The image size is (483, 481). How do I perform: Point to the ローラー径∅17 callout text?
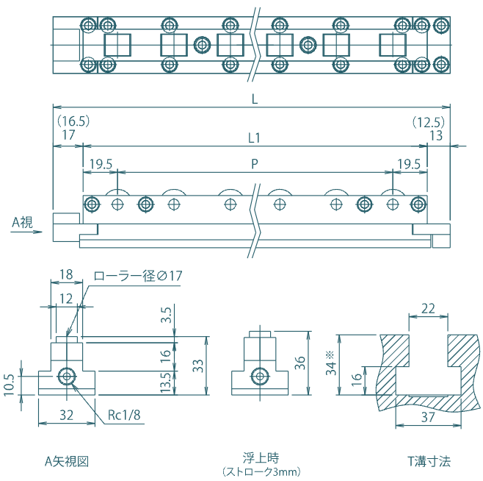click(137, 277)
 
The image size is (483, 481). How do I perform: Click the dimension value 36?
click(299, 363)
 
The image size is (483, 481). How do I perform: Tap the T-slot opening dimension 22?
click(427, 309)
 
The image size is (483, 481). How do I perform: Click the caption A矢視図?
click(67, 461)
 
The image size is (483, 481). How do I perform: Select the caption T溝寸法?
click(429, 461)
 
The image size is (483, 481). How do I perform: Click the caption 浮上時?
click(261, 457)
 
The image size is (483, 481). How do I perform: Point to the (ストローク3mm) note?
click(261, 471)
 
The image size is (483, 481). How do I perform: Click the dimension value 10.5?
click(10, 383)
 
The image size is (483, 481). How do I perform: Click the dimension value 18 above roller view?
click(65, 274)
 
